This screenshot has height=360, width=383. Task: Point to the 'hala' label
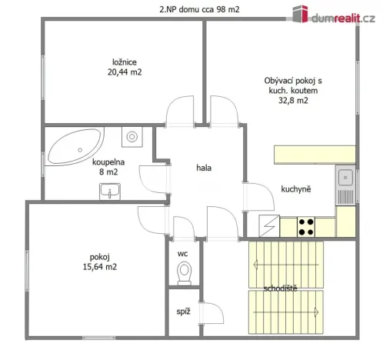coord(204,167)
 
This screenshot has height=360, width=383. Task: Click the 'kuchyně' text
coord(295,189)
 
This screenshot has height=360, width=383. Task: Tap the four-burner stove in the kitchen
coord(306,226)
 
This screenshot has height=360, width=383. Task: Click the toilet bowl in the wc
coord(183,272)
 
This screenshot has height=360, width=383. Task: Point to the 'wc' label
coord(183,253)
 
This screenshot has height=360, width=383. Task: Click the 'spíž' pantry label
coord(183,312)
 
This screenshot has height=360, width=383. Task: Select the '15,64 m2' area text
coord(101,267)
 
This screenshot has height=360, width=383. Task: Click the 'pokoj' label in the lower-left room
coord(100,256)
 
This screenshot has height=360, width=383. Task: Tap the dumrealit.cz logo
coord(333,12)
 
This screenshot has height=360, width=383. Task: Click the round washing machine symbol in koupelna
coord(132,137)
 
